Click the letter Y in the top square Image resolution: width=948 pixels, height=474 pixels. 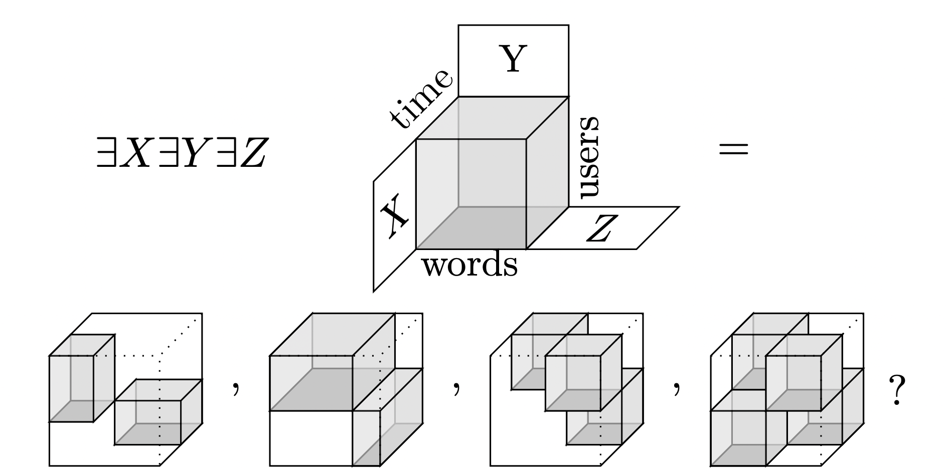513,59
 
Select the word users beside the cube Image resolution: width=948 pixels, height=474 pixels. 588,157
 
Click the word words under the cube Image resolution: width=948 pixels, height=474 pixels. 469,265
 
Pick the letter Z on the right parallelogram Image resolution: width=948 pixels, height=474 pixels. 602,228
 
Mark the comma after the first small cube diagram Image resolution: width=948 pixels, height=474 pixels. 235,387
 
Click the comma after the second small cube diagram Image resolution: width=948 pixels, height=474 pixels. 455,387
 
